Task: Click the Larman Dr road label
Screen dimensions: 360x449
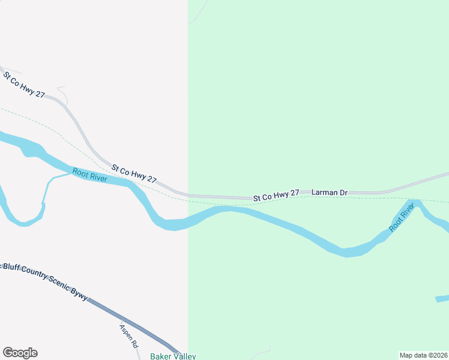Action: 330,193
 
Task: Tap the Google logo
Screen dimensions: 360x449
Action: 20,353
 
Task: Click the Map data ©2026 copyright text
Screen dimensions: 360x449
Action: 424,355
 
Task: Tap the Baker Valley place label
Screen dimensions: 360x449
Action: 173,356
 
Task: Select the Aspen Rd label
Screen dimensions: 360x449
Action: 128,336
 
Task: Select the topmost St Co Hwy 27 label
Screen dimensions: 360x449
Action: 24,85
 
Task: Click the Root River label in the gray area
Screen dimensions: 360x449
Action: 90,176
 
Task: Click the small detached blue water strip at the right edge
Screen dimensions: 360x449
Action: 442,298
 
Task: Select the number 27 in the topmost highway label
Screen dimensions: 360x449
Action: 40,94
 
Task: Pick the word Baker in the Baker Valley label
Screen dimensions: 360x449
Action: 160,356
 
